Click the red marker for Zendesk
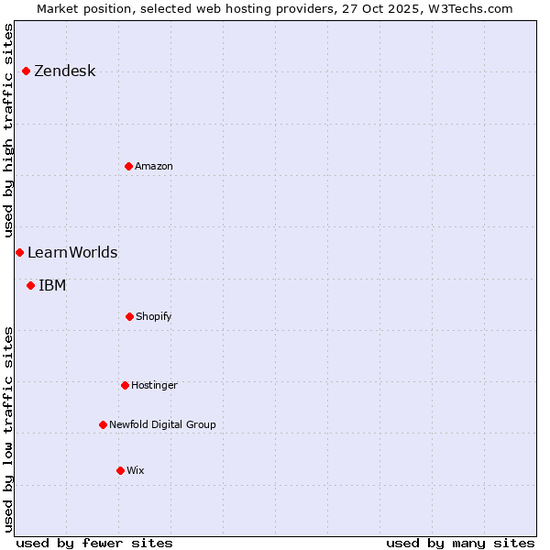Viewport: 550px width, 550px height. tap(26, 71)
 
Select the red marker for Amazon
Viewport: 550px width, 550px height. tap(128, 166)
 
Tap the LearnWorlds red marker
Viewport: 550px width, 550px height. tap(19, 252)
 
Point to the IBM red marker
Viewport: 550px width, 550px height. tap(30, 285)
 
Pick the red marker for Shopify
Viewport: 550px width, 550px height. tap(129, 316)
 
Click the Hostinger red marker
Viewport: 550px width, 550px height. tap(125, 385)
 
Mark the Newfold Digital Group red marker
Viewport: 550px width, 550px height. tap(103, 424)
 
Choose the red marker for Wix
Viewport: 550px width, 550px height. tap(120, 470)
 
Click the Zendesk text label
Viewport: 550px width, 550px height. tap(64, 71)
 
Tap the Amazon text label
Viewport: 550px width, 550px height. tap(154, 166)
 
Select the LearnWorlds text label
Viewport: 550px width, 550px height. tap(72, 253)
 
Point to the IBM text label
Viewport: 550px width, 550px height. tap(52, 286)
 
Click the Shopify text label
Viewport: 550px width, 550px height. tap(154, 316)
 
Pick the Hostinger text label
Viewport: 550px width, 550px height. tap(154, 385)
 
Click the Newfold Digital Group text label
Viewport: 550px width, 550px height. tap(162, 424)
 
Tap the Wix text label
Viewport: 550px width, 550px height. tap(136, 470)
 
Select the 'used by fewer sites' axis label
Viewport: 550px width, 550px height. tap(93, 543)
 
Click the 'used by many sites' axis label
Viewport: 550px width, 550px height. tap(460, 543)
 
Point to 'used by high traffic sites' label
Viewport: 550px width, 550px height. tap(8, 130)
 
